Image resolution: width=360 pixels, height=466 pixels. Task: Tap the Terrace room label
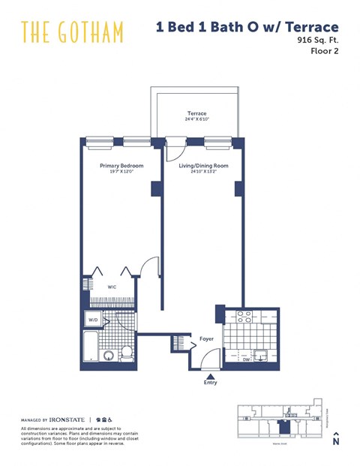pyautogui.click(x=197, y=114)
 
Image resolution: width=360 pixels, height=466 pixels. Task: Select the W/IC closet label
pyautogui.click(x=111, y=286)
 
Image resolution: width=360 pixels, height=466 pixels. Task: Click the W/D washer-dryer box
pyautogui.click(x=92, y=320)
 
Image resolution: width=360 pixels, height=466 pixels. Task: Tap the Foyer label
pyautogui.click(x=206, y=338)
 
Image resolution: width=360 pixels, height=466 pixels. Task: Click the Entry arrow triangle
pyautogui.click(x=211, y=377)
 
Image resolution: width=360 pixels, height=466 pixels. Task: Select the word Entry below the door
pyautogui.click(x=211, y=385)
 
